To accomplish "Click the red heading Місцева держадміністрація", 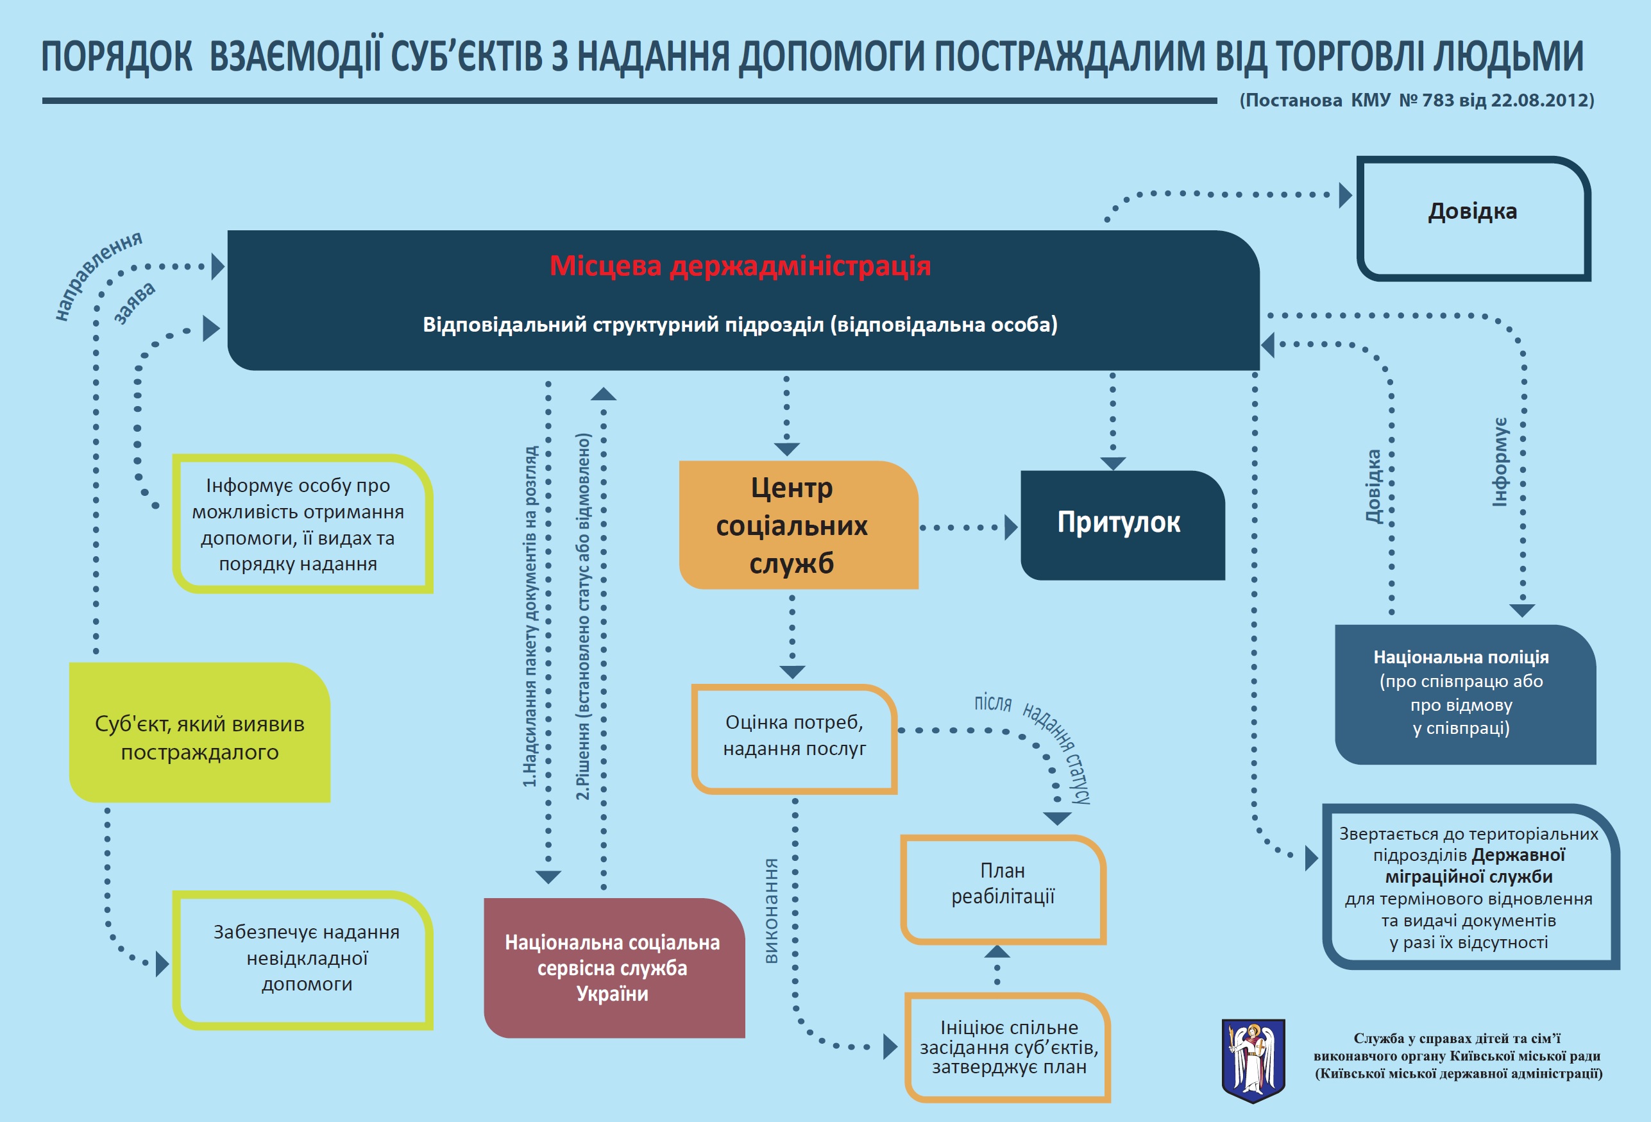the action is coord(740,266).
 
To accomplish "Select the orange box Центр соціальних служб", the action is coord(799,524).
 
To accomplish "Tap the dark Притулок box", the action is coord(1122,525).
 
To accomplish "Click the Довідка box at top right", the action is coord(1473,218).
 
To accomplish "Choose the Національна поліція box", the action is coord(1466,694).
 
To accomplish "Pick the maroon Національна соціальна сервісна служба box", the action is coord(614,968).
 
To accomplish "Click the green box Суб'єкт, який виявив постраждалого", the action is coord(199,733).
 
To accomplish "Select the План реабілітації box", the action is coord(1003,890).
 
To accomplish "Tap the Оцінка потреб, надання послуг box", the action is coord(794,739).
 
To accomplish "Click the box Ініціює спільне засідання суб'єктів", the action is coord(1008,1048).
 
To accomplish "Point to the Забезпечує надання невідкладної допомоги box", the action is coord(303,960).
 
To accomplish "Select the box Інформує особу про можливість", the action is coord(303,523).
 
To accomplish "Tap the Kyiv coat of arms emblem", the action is coord(1253,1060).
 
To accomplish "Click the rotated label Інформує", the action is coord(1500,462).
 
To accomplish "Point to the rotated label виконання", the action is coord(771,911).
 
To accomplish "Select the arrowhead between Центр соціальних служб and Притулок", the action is coord(1012,528).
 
